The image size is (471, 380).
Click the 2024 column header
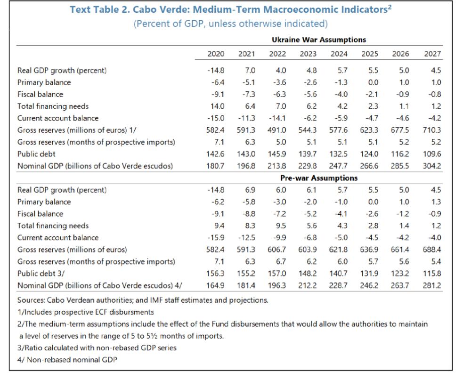click(x=339, y=54)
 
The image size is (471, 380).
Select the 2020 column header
click(x=216, y=54)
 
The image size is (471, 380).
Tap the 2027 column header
click(x=432, y=54)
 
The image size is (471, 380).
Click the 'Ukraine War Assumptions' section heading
click(x=319, y=40)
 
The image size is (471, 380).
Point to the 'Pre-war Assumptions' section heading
click(x=319, y=178)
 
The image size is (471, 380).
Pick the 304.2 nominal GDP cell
click(x=432, y=166)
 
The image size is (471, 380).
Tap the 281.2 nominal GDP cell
click(x=432, y=285)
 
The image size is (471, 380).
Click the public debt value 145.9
click(x=277, y=154)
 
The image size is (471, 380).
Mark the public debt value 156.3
click(x=216, y=274)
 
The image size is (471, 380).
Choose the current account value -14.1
click(x=277, y=118)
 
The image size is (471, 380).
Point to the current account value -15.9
click(x=216, y=238)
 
